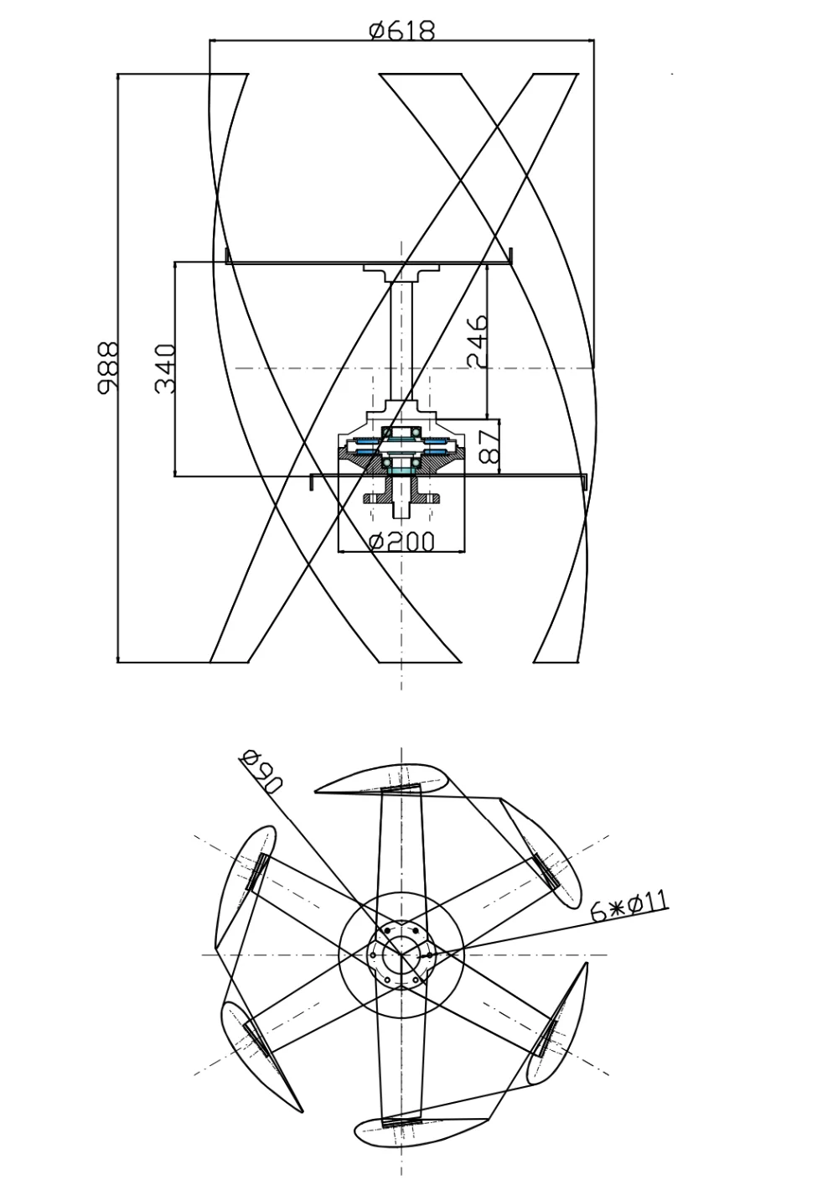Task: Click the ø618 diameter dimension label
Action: pos(401,31)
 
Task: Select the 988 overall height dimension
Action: pos(108,367)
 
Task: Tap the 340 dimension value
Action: pos(165,368)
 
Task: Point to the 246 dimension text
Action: pos(477,341)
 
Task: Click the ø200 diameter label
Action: pos(401,542)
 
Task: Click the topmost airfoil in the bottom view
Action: pos(382,779)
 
